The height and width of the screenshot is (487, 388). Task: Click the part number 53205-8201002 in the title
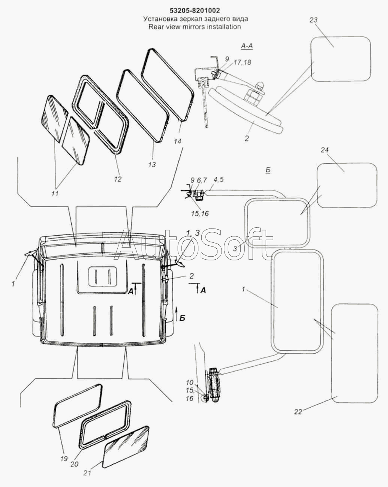tap(194, 10)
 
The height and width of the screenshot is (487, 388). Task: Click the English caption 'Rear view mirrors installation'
tap(194, 27)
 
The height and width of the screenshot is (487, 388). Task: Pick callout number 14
tap(177, 141)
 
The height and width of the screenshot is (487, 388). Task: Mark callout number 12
tap(118, 179)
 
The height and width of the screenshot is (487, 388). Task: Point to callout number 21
tap(87, 473)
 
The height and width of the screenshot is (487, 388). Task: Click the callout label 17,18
tap(243, 63)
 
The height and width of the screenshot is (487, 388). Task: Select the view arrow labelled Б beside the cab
tap(177, 314)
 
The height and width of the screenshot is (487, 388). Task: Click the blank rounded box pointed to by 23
tap(341, 59)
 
